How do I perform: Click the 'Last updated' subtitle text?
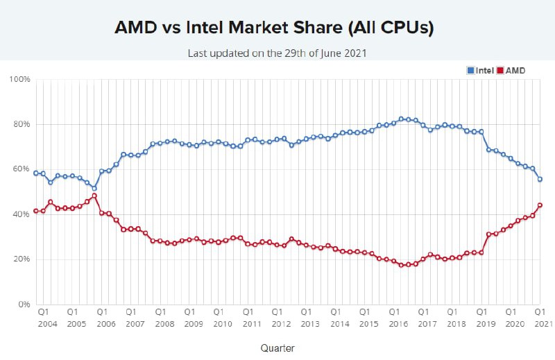277,53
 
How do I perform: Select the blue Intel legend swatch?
470,71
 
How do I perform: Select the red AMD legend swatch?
500,71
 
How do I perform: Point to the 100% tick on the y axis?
20,79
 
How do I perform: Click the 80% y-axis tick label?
22,124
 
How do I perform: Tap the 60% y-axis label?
22,169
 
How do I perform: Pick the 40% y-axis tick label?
22,214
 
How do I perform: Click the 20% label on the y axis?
22,259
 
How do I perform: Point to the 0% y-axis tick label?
24,305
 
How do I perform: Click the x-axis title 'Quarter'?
277,348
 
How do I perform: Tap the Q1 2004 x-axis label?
47,318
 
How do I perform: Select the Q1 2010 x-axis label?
223,318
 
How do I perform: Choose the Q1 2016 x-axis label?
398,318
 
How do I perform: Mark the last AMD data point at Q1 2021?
540,205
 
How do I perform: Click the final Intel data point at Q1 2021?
540,180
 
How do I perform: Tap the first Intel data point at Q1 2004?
36,173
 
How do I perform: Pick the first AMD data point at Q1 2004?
36,211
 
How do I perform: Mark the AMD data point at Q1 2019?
481,252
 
